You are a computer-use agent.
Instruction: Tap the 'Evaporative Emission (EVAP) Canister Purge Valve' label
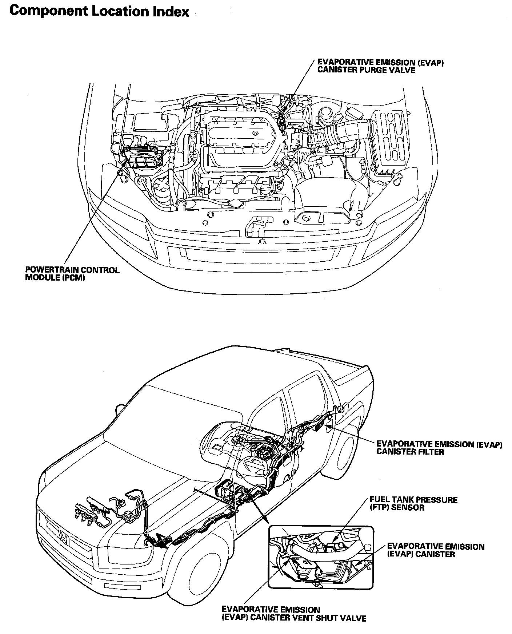pos(380,66)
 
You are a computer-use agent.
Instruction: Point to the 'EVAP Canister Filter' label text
pos(439,448)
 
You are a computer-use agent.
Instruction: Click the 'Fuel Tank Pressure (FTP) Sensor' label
pos(413,503)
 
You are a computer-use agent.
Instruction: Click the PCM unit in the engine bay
pos(141,158)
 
